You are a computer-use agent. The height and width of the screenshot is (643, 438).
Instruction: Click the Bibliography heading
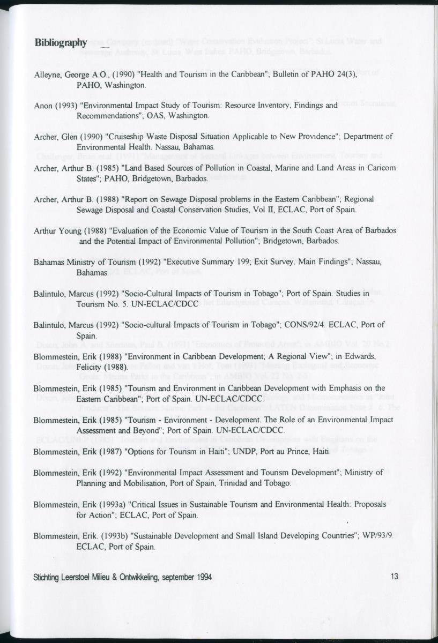click(60, 43)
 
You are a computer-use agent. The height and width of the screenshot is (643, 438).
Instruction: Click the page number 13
click(395, 577)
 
